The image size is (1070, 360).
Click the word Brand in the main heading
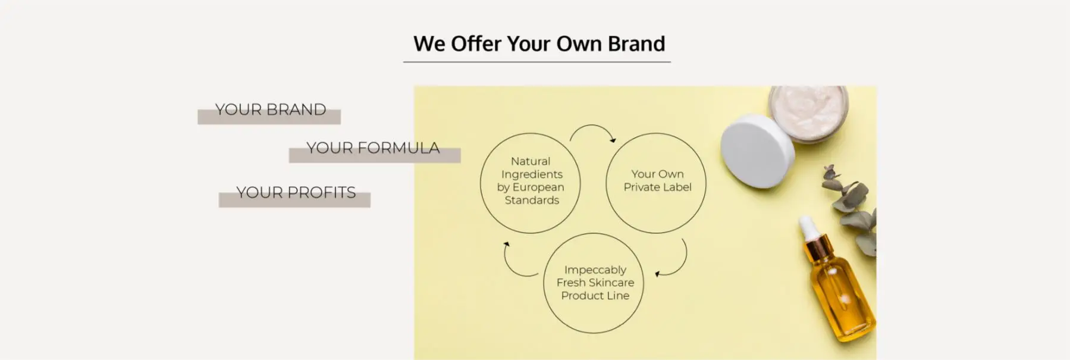[x=636, y=43]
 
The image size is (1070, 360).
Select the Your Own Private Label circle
[x=606, y=183]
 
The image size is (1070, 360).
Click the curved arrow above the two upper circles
[x=592, y=126]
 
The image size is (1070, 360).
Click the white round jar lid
[x=757, y=151]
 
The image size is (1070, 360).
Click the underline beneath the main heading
[x=536, y=61]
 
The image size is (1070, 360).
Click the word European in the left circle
[x=538, y=187]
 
